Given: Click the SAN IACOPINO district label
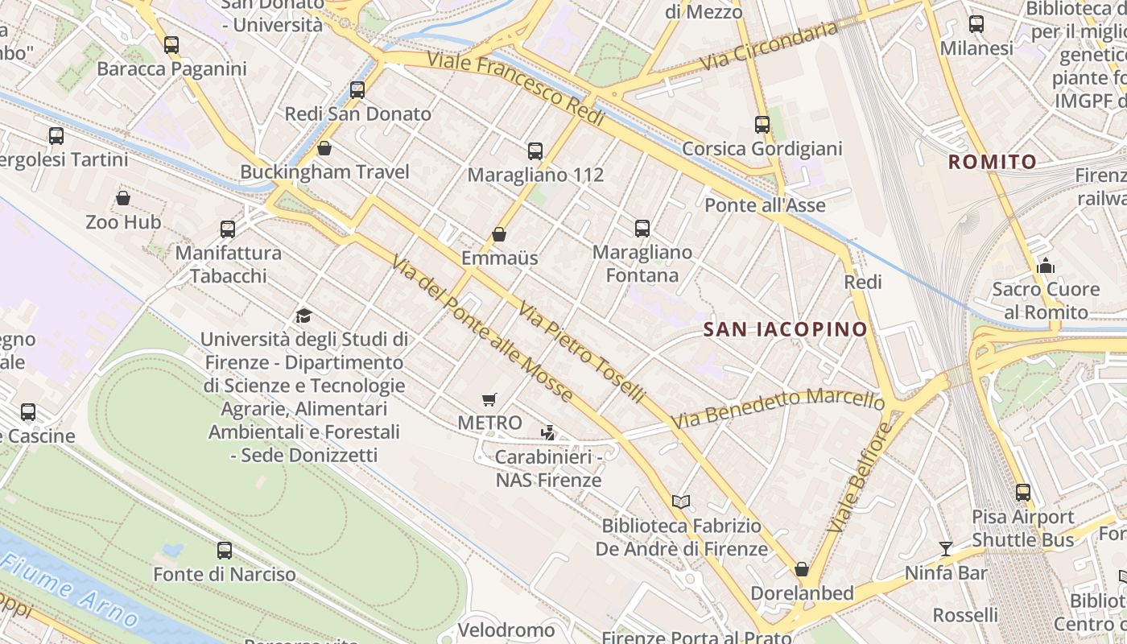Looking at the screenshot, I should [786, 329].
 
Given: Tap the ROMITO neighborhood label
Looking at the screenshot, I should [993, 162].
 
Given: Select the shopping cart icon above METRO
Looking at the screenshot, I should [489, 399].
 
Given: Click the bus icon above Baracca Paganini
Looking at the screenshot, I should [171, 45].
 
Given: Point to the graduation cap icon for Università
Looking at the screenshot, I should [303, 316].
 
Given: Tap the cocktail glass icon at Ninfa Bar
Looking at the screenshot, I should [946, 549].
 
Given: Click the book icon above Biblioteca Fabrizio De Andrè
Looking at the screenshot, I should [681, 502].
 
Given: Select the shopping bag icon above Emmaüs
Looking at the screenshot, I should [499, 234].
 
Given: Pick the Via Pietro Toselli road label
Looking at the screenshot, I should [581, 352].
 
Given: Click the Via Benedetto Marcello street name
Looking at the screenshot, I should [778, 407].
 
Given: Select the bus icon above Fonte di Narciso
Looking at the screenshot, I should [225, 551].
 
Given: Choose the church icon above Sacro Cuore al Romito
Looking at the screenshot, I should [1046, 265].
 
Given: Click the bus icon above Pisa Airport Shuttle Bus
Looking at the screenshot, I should [1022, 493].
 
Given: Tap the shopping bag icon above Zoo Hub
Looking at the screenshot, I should [123, 198].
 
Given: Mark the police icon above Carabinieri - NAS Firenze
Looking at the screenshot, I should [548, 433].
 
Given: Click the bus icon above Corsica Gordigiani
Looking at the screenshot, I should [762, 125].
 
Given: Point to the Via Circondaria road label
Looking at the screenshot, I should [769, 46].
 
